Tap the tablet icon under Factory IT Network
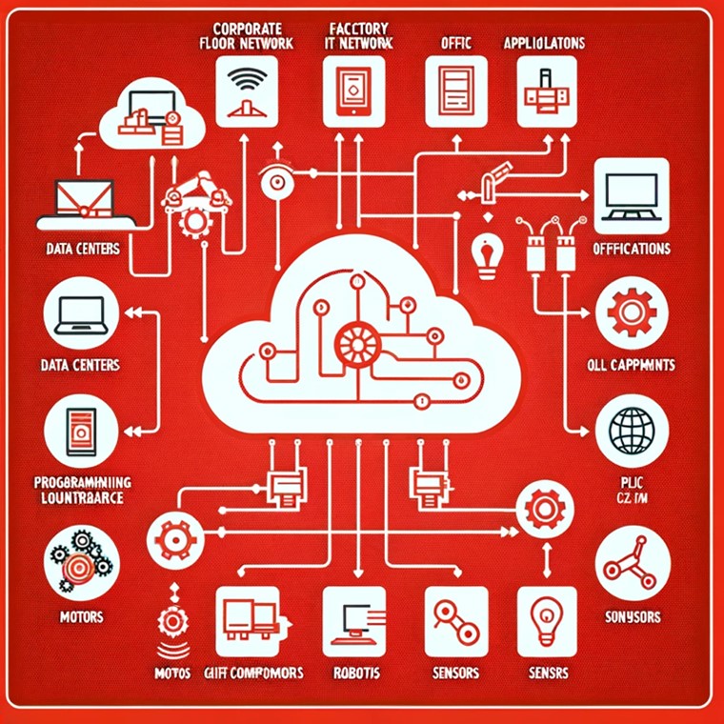tap(353, 91)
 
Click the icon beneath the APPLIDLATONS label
tap(546, 91)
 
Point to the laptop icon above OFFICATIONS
tap(631, 196)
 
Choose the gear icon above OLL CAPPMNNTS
tap(631, 312)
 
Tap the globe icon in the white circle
tap(631, 432)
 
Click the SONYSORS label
tap(633, 617)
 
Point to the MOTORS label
tap(80, 616)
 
